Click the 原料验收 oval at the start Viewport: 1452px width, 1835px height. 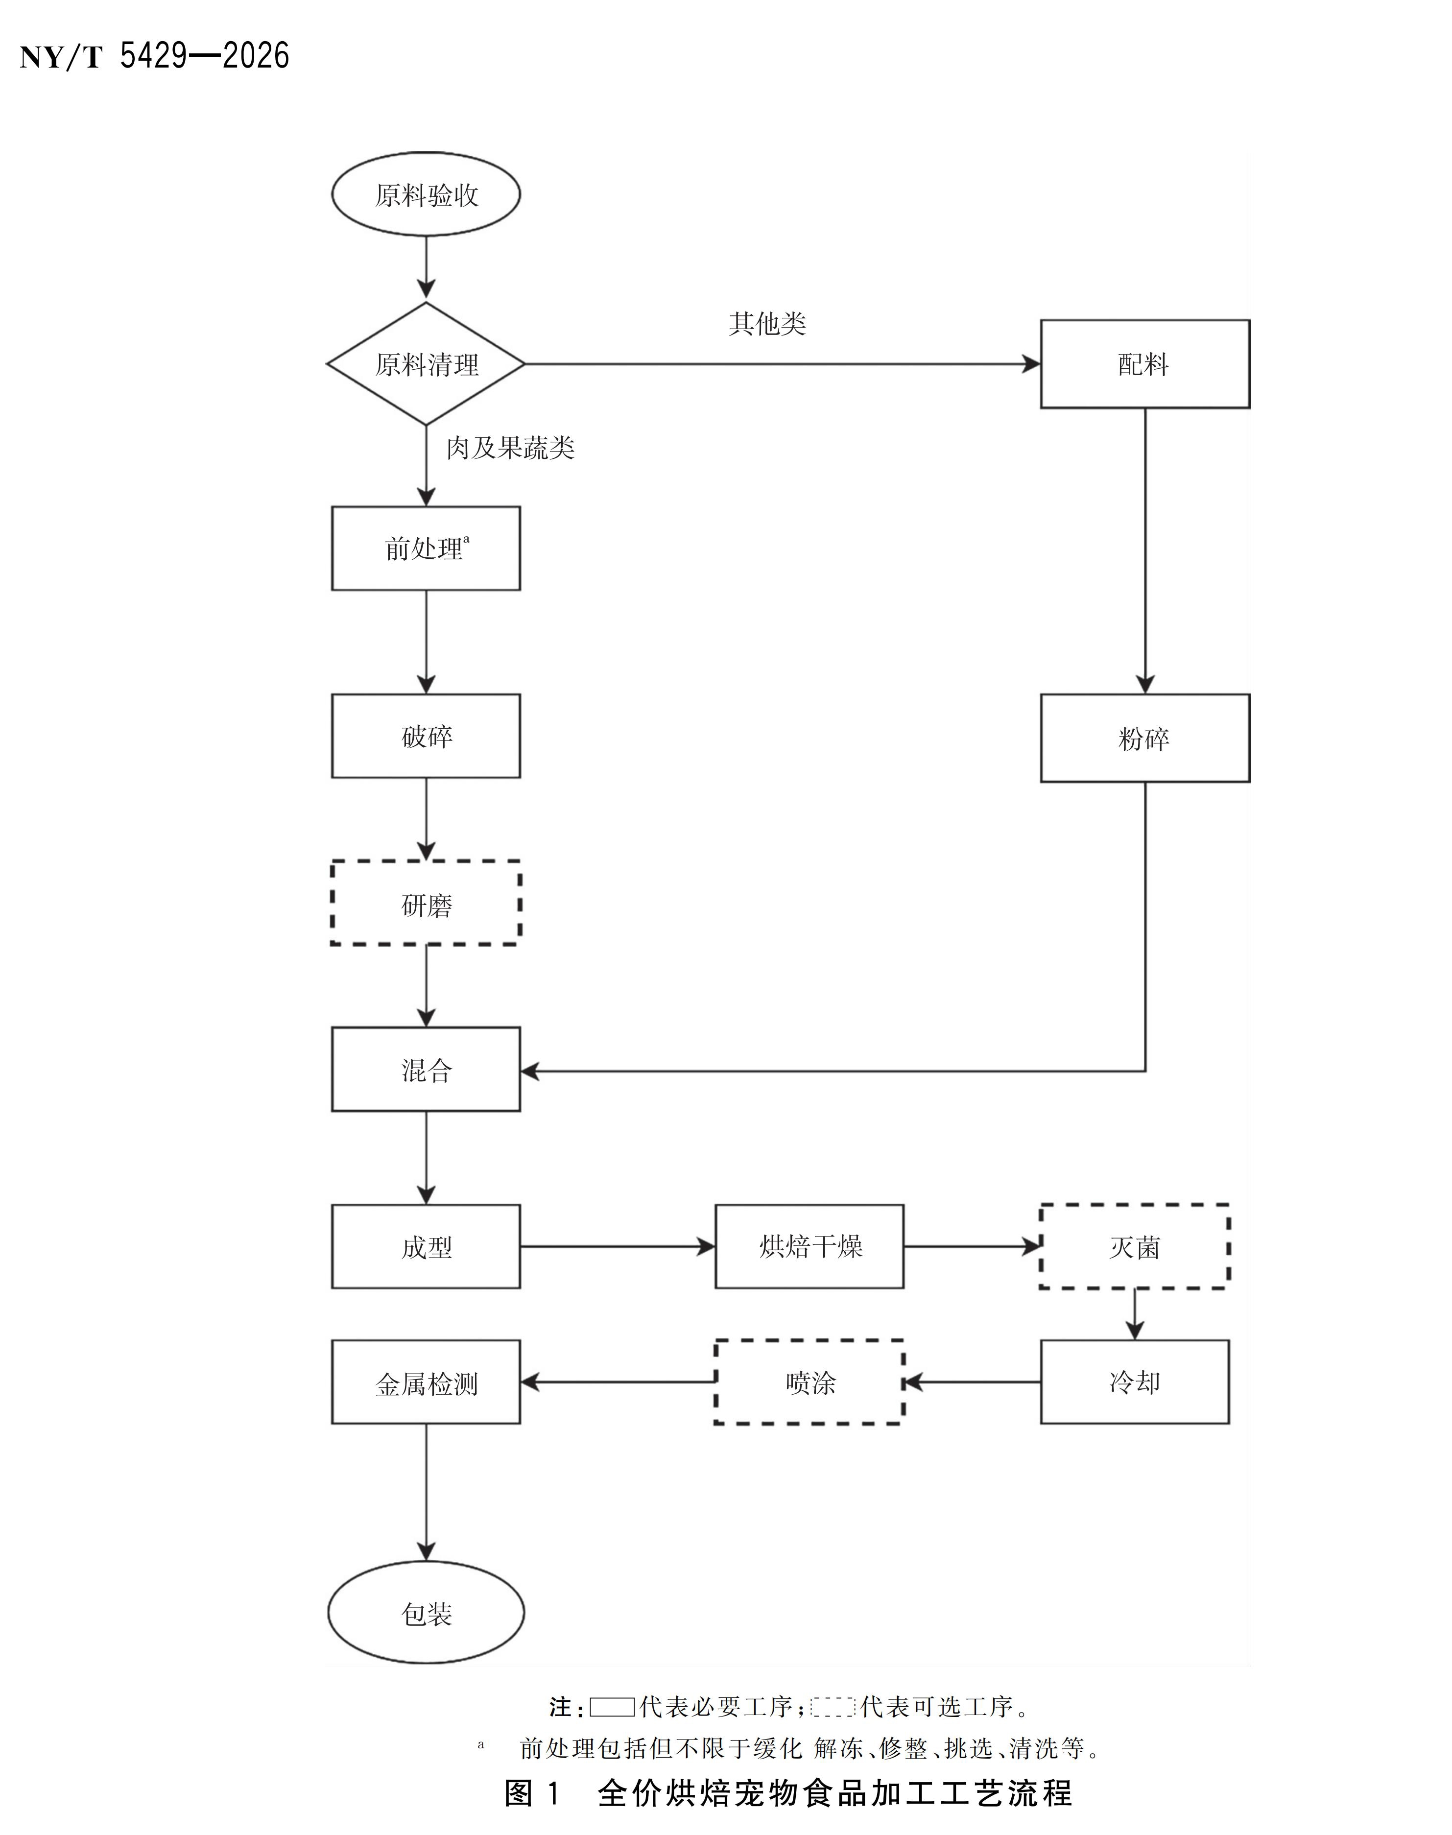coord(426,194)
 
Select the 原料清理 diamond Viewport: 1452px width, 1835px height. coord(426,364)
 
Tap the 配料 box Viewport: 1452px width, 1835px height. coord(1145,364)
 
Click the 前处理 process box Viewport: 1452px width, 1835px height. coord(426,548)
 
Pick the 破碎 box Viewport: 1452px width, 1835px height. coord(426,736)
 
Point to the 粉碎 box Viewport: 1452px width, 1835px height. coord(1145,738)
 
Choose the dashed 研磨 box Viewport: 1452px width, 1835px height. coord(426,903)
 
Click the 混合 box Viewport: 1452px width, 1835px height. coord(426,1069)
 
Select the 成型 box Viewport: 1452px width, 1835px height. coord(426,1247)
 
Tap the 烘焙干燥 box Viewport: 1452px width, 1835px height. coord(809,1247)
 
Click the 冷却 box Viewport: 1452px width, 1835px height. coord(1135,1382)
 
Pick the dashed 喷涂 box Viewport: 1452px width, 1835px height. coord(809,1382)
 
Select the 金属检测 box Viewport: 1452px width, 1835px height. coord(426,1382)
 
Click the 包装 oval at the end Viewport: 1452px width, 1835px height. coord(426,1612)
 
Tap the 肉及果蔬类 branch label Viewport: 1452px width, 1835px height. coord(510,448)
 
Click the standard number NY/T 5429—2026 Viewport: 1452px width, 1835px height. coord(155,56)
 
